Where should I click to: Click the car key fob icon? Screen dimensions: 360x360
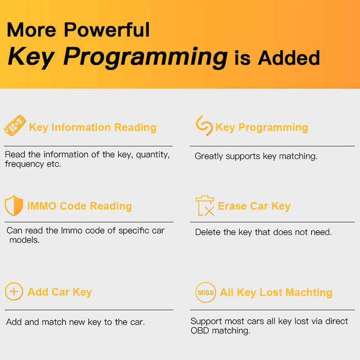15,126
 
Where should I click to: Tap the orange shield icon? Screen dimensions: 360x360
14,206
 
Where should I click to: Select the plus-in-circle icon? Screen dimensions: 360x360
14,291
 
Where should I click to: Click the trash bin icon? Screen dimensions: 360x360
205,206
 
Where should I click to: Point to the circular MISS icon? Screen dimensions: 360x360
206,292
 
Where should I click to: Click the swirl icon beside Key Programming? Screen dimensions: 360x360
204,126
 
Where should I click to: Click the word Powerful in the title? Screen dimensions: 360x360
107,30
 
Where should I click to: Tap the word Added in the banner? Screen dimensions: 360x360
288,58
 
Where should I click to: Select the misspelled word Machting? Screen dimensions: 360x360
309,292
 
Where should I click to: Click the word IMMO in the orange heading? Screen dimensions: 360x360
42,206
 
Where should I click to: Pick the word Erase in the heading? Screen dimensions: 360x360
232,206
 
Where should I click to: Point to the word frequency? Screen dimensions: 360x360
24,164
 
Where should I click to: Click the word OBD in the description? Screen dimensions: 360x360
200,331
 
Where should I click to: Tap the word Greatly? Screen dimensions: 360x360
209,156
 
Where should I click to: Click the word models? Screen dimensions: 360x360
24,240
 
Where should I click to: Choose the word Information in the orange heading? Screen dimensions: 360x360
81,127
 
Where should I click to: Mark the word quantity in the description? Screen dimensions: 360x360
153,155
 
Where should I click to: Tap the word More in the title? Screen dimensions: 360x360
31,30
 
